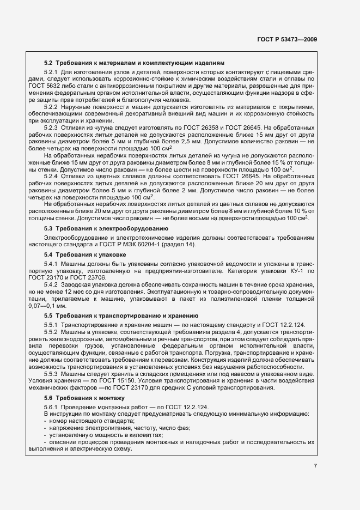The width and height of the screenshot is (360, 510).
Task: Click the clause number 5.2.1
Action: [x=51, y=72]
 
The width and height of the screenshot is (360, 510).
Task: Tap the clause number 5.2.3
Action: [x=51, y=127]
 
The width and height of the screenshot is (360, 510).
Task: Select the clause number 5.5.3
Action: [x=51, y=375]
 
